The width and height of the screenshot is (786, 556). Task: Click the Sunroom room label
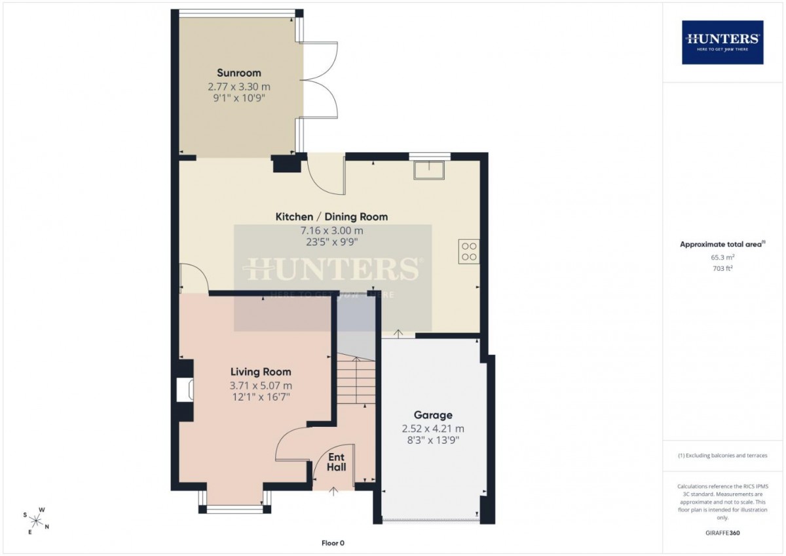(239, 73)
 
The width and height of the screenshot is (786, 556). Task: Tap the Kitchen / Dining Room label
(331, 217)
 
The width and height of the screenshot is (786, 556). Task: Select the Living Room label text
(261, 372)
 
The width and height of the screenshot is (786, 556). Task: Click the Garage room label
(433, 415)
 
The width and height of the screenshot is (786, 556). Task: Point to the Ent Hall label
(336, 462)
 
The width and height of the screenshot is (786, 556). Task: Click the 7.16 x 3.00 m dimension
(331, 231)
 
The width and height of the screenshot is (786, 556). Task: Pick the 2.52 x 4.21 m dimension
(433, 429)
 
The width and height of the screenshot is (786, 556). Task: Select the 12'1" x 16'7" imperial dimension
(261, 397)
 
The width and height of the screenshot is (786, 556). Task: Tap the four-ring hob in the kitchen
(469, 252)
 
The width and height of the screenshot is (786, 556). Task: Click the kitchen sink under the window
(429, 170)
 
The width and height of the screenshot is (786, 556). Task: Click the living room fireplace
(185, 389)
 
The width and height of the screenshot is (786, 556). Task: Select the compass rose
(36, 521)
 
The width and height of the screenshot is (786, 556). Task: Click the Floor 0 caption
(333, 543)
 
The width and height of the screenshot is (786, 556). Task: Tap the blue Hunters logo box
(722, 43)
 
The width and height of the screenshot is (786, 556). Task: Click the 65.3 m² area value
(723, 257)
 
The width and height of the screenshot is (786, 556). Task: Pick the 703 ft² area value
(723, 268)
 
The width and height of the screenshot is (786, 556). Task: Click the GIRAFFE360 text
(722, 533)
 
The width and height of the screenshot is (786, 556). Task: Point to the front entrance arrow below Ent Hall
(333, 491)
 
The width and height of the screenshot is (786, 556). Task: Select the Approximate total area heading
(722, 244)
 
